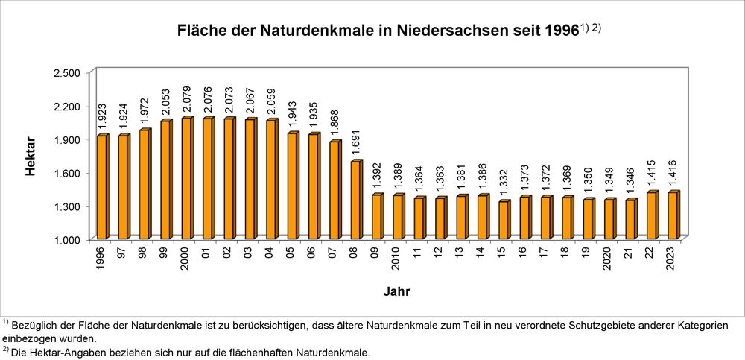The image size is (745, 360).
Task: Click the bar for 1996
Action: point(102,187)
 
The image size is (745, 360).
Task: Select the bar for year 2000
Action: point(186,178)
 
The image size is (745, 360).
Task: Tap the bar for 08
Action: point(355,200)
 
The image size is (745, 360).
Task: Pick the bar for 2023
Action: point(673,215)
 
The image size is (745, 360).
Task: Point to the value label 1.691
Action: point(356,145)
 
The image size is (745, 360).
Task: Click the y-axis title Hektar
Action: point(31,156)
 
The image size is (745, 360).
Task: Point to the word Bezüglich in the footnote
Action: point(38,326)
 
